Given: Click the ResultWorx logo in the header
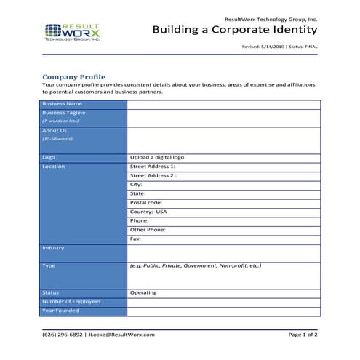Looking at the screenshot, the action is click(x=73, y=32).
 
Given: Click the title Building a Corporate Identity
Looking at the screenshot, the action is click(x=235, y=30).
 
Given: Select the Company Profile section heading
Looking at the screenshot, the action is click(x=73, y=76).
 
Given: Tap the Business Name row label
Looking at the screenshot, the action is click(x=62, y=104).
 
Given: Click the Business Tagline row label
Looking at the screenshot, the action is click(x=64, y=113).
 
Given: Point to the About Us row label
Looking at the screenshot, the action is click(x=55, y=131).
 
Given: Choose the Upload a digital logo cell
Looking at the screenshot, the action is click(x=157, y=157).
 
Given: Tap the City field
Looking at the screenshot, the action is click(x=136, y=185).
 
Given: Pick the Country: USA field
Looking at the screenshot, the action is click(x=148, y=212).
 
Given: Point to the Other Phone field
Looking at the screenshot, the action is click(x=148, y=230).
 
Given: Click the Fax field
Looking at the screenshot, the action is click(x=135, y=239).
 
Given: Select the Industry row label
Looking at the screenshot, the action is click(x=53, y=248).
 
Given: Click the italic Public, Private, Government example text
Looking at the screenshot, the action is click(x=195, y=266).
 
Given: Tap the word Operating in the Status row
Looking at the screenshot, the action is click(x=143, y=293).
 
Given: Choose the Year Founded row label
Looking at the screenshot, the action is click(x=60, y=311).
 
